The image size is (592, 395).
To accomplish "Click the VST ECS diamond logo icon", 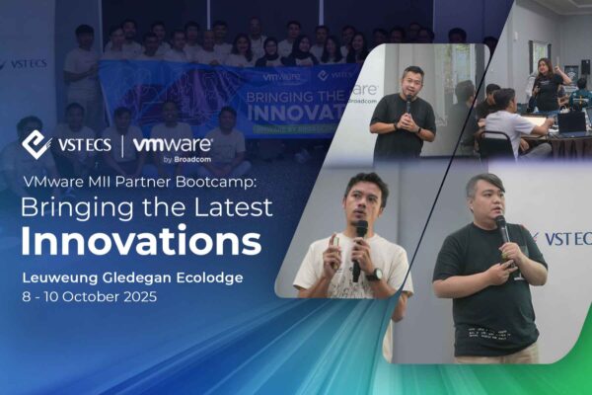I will tap(37, 144).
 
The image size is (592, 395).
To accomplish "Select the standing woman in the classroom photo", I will tap(546, 84).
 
